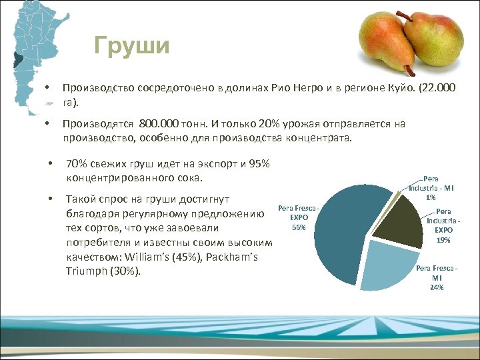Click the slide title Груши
click(132, 46)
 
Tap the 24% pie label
click(437, 287)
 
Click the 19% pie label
click(443, 239)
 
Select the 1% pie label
click(431, 197)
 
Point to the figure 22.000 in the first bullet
click(439, 88)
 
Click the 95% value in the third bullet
click(257, 163)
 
